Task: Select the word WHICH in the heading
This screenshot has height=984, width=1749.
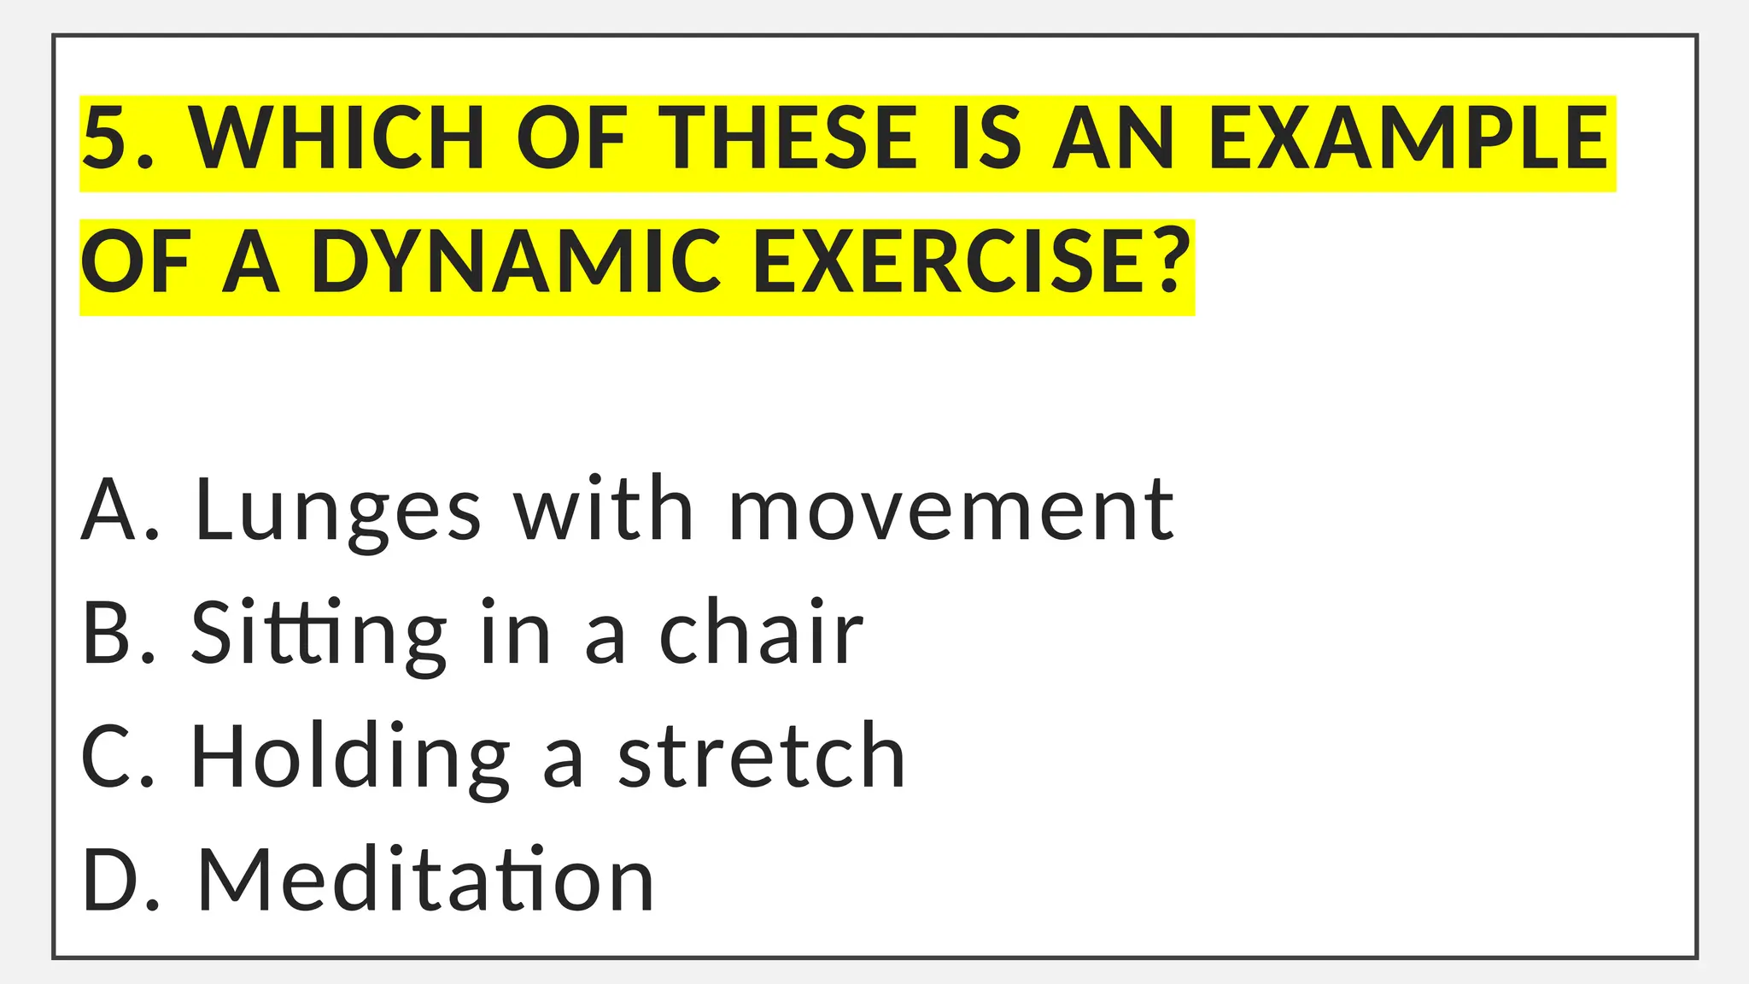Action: click(337, 138)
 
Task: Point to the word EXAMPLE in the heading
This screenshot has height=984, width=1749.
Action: click(1408, 138)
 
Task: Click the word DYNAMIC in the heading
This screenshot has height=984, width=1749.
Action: click(516, 262)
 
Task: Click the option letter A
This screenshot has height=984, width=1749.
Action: click(109, 511)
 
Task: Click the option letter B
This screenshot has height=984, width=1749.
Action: click(108, 634)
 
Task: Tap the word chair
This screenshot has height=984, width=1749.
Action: click(761, 634)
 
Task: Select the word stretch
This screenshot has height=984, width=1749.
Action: click(761, 758)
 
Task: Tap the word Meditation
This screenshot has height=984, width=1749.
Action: click(425, 881)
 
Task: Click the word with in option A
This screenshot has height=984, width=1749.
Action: click(603, 511)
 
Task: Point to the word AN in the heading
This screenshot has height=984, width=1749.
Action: click(1114, 138)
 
